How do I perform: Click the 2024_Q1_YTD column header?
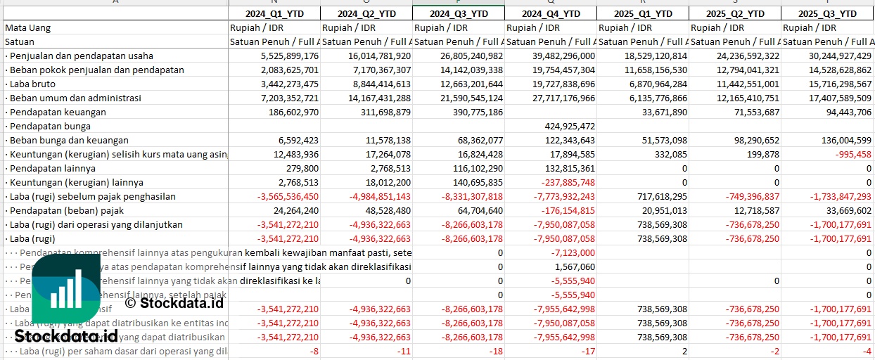click(x=274, y=13)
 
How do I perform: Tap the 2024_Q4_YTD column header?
click(x=551, y=13)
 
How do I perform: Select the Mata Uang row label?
click(x=27, y=27)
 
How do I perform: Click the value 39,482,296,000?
click(x=556, y=56)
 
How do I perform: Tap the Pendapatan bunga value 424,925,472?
click(x=561, y=126)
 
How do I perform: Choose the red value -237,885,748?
click(x=561, y=182)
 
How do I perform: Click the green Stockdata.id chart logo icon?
click(x=68, y=288)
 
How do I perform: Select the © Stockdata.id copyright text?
click(x=174, y=303)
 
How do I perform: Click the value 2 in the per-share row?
click(x=684, y=351)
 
